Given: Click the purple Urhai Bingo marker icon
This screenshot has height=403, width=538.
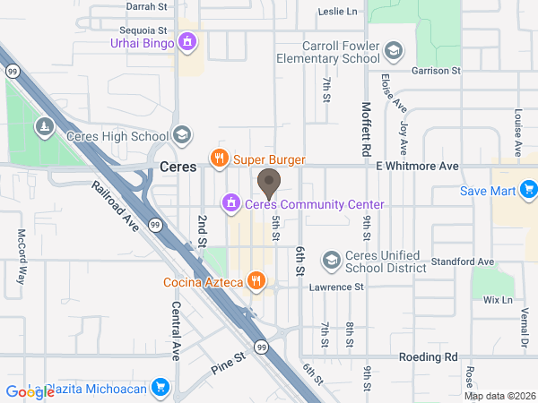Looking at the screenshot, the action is tap(187, 40).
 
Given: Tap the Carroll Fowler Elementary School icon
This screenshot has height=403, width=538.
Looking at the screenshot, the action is tap(395, 50).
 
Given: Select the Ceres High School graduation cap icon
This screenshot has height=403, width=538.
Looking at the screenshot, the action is tap(182, 135).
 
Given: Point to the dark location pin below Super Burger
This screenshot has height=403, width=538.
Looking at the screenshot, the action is tap(268, 183).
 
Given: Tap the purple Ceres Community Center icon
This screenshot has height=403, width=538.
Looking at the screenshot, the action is tap(231, 203).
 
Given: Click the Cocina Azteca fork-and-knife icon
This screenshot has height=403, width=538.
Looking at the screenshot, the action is tap(256, 281).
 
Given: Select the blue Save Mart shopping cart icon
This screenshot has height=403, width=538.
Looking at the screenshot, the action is tap(529, 189).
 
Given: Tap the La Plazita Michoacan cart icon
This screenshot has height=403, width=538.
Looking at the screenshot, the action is tap(161, 387).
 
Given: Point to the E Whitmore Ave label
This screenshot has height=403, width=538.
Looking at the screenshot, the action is tap(417, 167).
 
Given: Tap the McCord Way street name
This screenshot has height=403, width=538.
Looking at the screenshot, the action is tap(22, 257).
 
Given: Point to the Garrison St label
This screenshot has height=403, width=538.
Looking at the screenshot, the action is tap(436, 70).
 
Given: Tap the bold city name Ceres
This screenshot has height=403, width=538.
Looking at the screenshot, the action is tap(178, 167).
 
